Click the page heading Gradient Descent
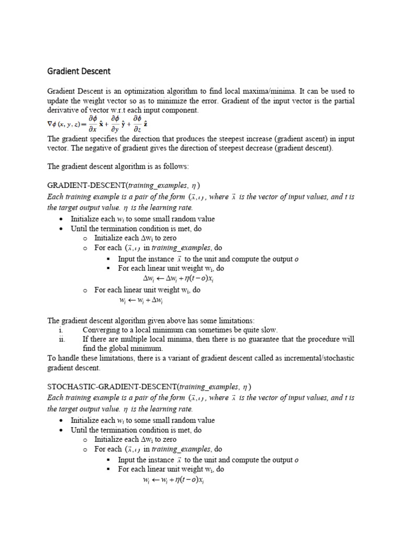79,71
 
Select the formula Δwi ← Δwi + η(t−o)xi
178,279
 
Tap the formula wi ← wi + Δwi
141,300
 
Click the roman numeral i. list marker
61,330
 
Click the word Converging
101,330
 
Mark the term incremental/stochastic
315,358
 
